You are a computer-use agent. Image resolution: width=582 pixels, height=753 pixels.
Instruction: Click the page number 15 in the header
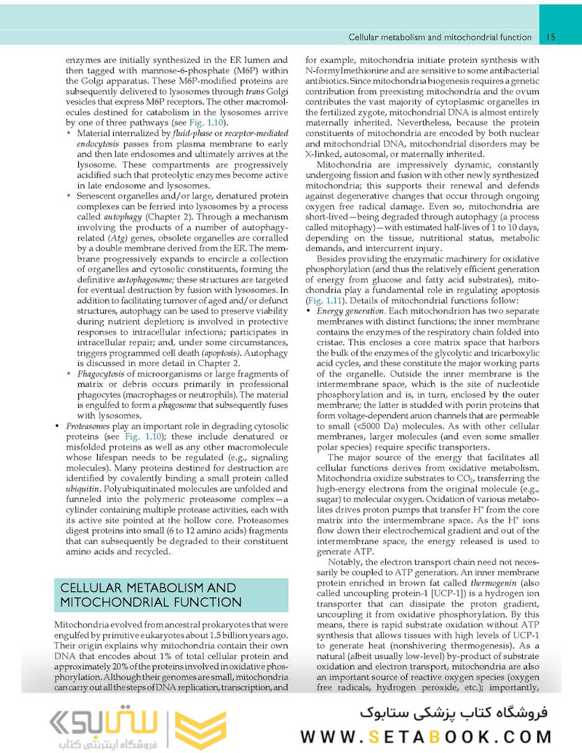551,36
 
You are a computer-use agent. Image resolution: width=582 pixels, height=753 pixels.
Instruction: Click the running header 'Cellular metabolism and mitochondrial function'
440,36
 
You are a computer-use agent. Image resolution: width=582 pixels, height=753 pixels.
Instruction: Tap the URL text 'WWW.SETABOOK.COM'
426,736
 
